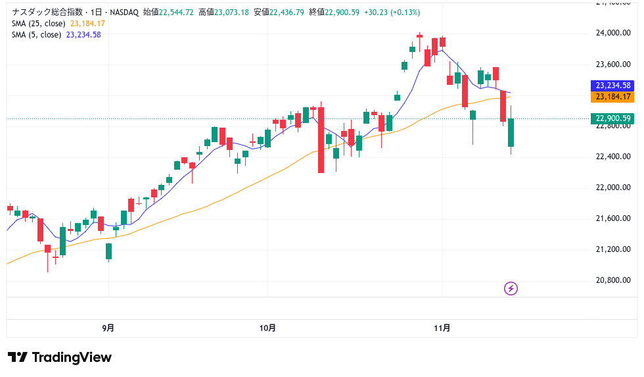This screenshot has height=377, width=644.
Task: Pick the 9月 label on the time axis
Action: (x=108, y=327)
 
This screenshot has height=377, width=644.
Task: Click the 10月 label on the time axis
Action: (x=267, y=327)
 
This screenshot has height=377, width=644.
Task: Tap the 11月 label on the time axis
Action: (x=442, y=327)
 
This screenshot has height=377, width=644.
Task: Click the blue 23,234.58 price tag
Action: (x=612, y=86)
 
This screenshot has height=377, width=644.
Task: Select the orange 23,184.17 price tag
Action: (x=612, y=97)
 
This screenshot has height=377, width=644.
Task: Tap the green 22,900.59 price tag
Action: (x=612, y=118)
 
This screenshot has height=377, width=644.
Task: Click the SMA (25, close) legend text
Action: (x=39, y=24)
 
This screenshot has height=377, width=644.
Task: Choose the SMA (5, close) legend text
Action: (x=37, y=35)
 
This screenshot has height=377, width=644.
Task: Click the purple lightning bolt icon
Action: (x=511, y=288)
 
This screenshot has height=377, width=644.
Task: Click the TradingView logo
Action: (x=60, y=357)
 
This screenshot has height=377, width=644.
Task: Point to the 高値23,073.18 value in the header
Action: (x=223, y=13)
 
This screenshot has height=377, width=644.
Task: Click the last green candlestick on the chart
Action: (x=511, y=132)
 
